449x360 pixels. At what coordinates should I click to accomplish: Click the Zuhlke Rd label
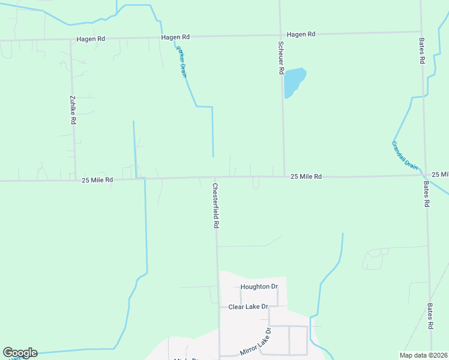pos(73,110)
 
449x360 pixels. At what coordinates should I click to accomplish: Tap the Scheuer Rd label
pos(280,58)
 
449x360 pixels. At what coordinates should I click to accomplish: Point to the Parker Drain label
pos(182,61)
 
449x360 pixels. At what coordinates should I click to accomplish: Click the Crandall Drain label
pos(404,155)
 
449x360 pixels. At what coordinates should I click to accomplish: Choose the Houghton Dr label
pos(259,287)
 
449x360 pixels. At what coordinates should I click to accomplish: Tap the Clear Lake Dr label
pos(247,307)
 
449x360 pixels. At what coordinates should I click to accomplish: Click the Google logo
pos(20,353)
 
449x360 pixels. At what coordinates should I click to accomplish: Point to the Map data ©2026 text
pos(423,355)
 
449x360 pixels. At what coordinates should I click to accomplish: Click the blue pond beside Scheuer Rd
pos(294,82)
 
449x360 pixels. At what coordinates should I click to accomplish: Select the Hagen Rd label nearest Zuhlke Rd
pos(91,39)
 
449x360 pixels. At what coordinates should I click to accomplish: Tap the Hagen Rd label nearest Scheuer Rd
pos(301,34)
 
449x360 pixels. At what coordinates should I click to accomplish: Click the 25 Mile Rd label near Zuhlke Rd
pos(97,179)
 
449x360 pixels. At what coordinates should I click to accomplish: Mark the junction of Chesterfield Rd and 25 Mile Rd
pos(215,178)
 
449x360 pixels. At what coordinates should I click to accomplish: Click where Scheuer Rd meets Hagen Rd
pos(280,34)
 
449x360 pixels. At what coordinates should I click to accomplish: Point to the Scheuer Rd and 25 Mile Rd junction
pos(284,176)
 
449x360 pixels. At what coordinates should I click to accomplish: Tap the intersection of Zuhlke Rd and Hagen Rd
pos(71,40)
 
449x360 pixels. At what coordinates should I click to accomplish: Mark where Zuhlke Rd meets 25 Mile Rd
pos(75,179)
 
